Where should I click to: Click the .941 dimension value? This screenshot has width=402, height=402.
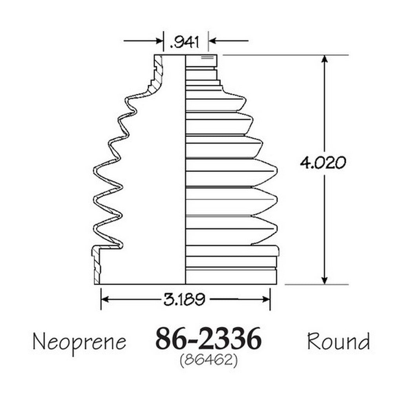coord(185,42)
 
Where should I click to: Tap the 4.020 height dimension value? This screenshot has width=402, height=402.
coord(323,163)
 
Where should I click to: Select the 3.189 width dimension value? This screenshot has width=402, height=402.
coord(185,299)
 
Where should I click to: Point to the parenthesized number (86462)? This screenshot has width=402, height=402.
coord(209,361)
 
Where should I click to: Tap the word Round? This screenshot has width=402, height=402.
coord(338,341)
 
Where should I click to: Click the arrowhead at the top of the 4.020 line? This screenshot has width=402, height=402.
coord(325,59)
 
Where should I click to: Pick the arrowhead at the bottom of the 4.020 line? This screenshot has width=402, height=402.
coord(325,280)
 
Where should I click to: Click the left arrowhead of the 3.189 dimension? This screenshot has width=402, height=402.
coord(105,299)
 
